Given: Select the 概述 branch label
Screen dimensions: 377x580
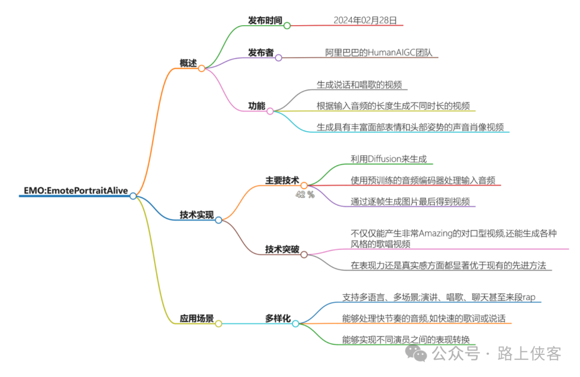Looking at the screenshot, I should coord(188,63).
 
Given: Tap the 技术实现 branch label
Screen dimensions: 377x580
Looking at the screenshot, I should coord(196,215).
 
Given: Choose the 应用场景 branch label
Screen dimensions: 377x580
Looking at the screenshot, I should coord(197,318).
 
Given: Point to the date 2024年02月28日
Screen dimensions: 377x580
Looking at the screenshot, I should coord(365,20).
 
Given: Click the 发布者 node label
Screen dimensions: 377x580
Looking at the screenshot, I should coord(260,53).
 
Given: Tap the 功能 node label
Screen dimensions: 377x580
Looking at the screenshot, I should coord(256,106).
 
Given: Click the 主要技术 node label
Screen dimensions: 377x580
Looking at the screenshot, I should coord(282,180).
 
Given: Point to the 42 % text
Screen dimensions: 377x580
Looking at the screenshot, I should coord(305,195).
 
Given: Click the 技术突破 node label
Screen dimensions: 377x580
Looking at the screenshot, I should coord(282,250).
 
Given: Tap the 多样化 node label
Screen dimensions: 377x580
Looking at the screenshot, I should coord(278,318).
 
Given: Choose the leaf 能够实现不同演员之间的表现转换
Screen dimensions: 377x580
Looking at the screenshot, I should coord(406,339).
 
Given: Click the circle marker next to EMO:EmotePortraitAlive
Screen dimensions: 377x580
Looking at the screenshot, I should coord(133,196).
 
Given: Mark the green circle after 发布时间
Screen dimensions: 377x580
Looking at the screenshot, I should coord(287,25).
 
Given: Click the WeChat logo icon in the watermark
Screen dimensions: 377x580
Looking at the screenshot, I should coord(416,353).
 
